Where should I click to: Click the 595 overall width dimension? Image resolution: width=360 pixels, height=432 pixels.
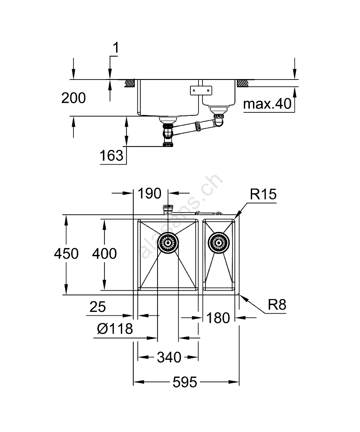[x=186, y=382]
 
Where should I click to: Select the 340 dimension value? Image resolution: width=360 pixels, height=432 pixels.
[x=168, y=357]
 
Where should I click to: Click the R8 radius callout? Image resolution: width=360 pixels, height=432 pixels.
[x=277, y=305]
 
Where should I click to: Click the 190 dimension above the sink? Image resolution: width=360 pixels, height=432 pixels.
[x=149, y=193]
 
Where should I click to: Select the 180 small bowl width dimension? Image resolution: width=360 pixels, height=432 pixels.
[x=218, y=318]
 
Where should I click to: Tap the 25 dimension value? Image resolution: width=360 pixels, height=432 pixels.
[x=98, y=307]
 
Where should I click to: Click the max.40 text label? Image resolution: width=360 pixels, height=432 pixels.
[x=268, y=104]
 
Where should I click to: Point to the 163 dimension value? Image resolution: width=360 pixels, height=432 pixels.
[x=111, y=156]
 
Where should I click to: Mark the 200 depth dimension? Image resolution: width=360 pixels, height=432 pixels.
[x=73, y=98]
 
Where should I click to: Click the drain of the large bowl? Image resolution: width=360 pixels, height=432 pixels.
[x=167, y=242]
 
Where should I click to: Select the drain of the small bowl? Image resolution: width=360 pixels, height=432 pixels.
[x=218, y=242]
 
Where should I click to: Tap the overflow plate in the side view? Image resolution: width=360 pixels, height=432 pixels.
[x=201, y=90]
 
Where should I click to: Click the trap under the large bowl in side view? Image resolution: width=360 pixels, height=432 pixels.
[x=168, y=134]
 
